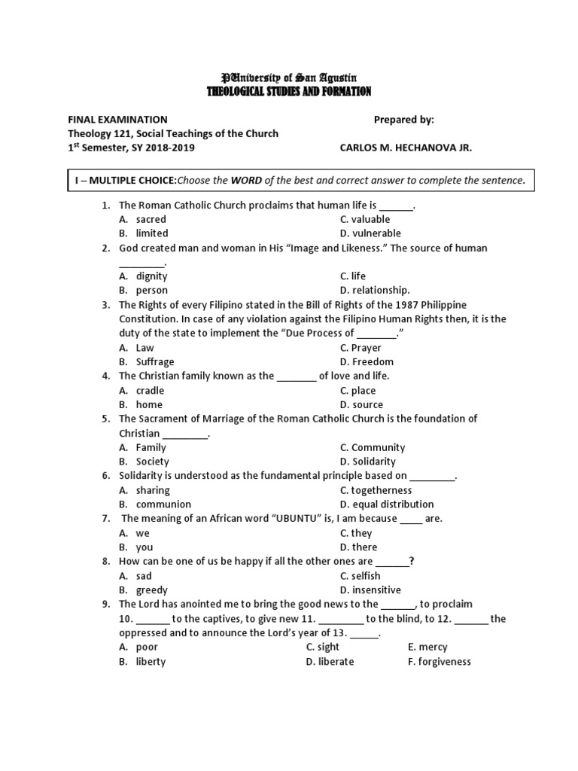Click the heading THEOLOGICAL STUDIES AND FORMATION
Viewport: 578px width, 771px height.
(289, 92)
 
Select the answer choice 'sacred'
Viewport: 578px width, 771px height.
(151, 219)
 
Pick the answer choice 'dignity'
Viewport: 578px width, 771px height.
(151, 276)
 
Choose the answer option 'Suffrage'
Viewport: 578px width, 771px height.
(154, 362)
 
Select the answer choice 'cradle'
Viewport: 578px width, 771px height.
(150, 391)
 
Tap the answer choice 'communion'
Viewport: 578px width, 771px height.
(163, 504)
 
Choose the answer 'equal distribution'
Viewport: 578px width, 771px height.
(392, 504)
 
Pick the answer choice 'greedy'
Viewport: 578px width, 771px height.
(151, 590)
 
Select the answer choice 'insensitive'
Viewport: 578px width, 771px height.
(376, 590)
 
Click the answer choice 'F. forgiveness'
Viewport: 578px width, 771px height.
(439, 662)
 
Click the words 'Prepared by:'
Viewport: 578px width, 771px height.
(404, 120)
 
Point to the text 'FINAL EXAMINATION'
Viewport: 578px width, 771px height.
(117, 120)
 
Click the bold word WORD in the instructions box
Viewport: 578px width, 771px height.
(246, 181)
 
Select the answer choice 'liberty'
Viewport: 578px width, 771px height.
(151, 662)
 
